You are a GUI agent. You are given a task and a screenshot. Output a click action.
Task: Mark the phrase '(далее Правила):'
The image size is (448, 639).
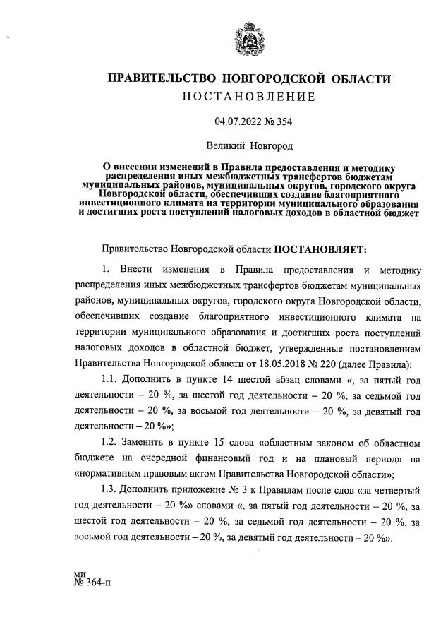(375, 364)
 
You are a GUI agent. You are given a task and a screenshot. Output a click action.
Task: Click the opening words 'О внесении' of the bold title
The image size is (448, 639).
(129, 164)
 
